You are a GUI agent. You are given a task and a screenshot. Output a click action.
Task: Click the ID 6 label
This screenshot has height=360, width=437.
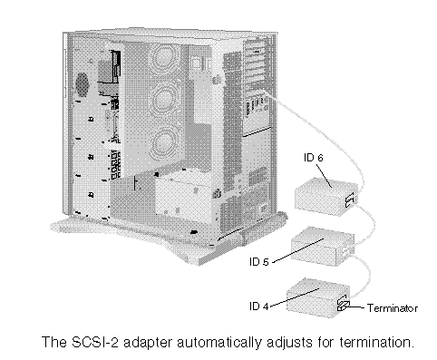pyautogui.click(x=314, y=158)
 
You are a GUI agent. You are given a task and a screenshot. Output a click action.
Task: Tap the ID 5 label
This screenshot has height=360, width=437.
pyautogui.click(x=259, y=262)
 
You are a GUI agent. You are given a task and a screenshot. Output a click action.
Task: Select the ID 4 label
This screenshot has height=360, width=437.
pyautogui.click(x=259, y=306)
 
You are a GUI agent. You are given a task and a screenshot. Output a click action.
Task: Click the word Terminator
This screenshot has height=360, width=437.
pyautogui.click(x=393, y=308)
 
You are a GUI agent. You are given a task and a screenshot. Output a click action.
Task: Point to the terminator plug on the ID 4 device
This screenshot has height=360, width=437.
pyautogui.click(x=344, y=305)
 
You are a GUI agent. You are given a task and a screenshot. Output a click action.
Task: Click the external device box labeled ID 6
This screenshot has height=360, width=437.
pyautogui.click(x=325, y=197)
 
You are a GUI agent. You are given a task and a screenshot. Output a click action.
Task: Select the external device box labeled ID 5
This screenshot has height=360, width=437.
pyautogui.click(x=322, y=246)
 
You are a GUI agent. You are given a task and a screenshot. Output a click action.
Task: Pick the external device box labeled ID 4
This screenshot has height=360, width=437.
pyautogui.click(x=318, y=297)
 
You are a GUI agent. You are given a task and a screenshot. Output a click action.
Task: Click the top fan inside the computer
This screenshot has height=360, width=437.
pyautogui.click(x=164, y=57)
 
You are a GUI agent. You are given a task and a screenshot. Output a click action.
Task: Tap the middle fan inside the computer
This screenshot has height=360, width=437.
pyautogui.click(x=164, y=97)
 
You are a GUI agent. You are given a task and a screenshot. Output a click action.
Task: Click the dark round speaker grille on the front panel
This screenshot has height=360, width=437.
pyautogui.click(x=82, y=83)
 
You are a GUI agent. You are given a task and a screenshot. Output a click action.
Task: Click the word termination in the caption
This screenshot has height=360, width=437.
pyautogui.click(x=376, y=343)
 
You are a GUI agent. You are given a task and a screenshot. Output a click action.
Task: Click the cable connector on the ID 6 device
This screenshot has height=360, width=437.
pyautogui.click(x=350, y=200)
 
